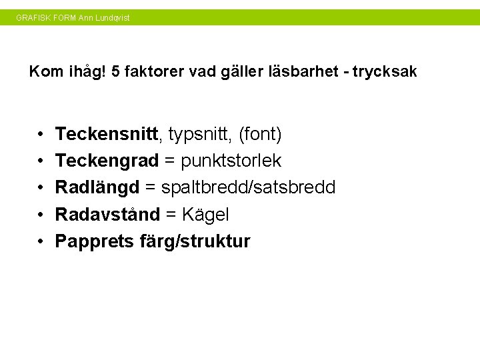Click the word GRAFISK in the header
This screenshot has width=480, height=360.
point(32,18)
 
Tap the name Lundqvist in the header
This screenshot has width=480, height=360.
point(113,18)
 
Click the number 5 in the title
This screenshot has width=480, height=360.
point(116,71)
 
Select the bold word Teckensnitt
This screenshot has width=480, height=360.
point(107,135)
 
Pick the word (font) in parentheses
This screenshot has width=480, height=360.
point(260,135)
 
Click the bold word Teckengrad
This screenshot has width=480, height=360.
point(107,161)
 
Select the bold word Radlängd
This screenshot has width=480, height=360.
point(97,188)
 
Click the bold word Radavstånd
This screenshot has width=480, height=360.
point(107,215)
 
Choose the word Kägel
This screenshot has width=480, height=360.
point(205,215)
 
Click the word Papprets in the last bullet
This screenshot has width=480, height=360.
point(95,241)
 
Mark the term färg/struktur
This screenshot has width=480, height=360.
point(195,241)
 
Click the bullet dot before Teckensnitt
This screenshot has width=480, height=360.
point(41,135)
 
